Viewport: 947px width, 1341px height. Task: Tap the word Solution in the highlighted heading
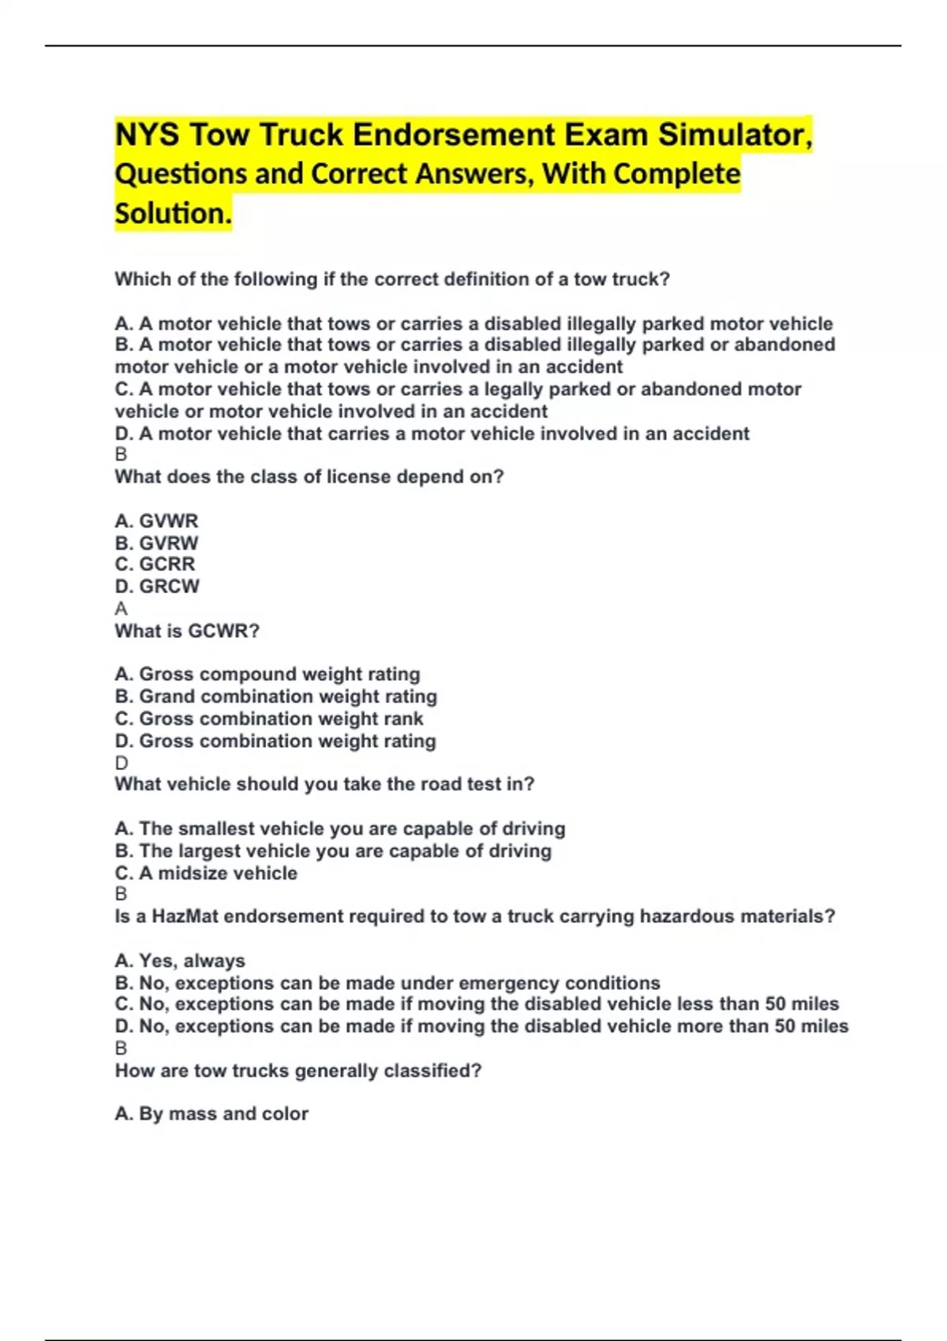173,214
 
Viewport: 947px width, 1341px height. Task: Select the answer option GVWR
156,521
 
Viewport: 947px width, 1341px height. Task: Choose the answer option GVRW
156,543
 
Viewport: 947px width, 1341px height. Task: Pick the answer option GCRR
155,564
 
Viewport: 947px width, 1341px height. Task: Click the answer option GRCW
157,586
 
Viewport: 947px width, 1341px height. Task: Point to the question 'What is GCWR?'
187,631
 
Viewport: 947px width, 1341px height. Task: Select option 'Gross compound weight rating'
268,674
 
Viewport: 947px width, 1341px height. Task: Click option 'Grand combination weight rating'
275,697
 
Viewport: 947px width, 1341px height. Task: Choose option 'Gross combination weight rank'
269,719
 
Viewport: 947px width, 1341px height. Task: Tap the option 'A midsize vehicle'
206,873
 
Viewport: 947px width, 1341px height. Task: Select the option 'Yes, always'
180,961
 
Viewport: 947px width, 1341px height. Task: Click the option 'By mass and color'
211,1114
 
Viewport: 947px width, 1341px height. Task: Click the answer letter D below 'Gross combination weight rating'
121,763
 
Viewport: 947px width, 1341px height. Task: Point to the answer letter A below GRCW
121,608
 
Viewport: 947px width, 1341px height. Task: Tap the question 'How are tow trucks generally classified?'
298,1070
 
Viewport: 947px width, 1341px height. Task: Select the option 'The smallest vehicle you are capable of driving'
340,829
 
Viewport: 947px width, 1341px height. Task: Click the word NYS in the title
147,135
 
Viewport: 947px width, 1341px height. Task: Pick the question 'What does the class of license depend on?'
309,476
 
